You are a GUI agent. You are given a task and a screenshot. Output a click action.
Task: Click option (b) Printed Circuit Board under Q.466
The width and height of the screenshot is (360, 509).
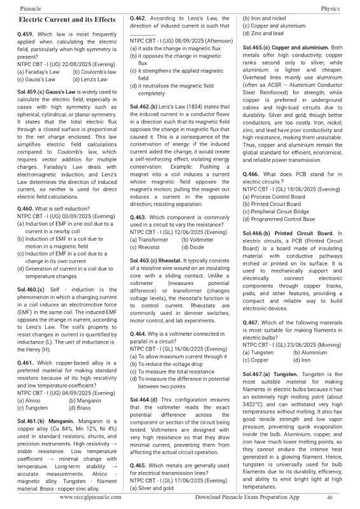coord(273,204)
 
